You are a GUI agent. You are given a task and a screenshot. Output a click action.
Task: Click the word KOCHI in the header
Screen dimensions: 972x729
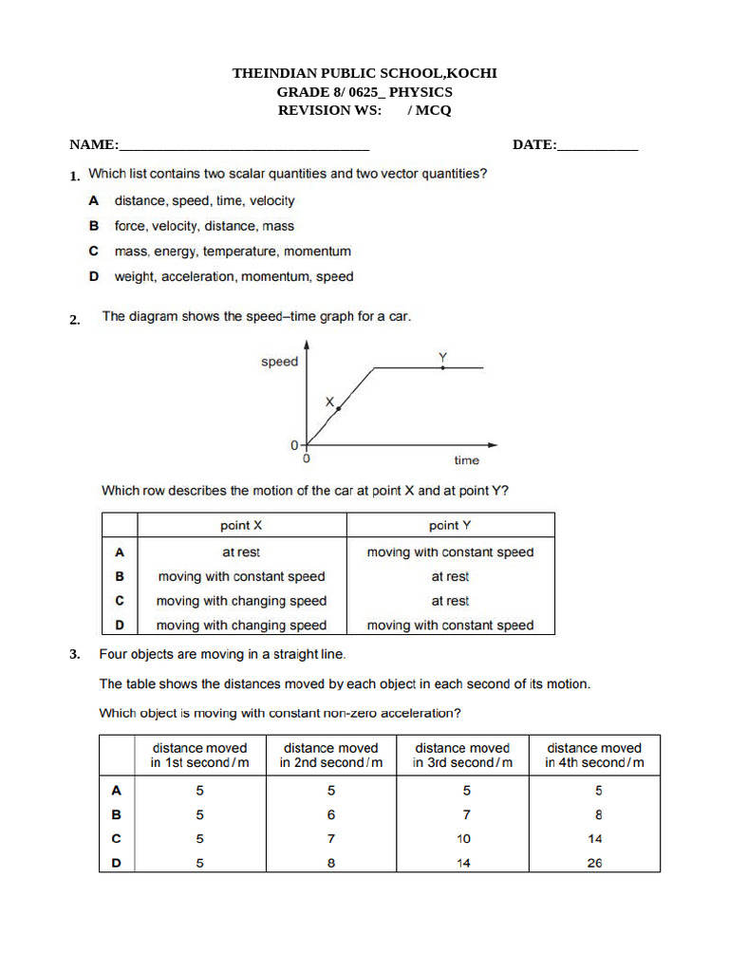[x=471, y=73]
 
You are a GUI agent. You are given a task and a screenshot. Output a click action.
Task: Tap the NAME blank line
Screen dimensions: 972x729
[x=244, y=148]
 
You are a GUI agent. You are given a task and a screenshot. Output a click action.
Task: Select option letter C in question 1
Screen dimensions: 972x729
[x=94, y=252]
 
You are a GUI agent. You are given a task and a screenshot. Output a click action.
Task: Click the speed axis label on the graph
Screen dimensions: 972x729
[x=279, y=362]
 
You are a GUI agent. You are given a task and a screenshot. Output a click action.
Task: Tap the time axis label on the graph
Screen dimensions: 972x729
[x=466, y=460]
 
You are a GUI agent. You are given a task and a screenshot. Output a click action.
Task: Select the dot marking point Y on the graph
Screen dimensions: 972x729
[x=442, y=367]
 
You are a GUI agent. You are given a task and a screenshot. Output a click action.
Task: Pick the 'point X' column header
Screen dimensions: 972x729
[x=241, y=526]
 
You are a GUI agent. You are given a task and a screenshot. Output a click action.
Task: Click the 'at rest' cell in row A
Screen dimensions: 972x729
[x=241, y=551]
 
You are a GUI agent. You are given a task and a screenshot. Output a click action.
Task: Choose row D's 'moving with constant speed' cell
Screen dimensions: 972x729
[x=450, y=626]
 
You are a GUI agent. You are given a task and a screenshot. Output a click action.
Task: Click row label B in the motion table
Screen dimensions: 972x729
[x=119, y=576]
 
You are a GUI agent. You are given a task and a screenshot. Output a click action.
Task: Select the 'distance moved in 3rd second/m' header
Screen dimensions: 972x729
[x=462, y=756]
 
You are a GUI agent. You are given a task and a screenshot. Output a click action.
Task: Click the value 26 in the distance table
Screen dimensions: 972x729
[x=594, y=863]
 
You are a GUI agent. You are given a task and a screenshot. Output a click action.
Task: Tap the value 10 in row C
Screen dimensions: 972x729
[x=463, y=839]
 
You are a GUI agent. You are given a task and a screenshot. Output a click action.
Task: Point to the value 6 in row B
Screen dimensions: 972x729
[x=330, y=814]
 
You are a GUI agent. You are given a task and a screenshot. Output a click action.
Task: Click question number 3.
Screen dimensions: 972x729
[x=74, y=655]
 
